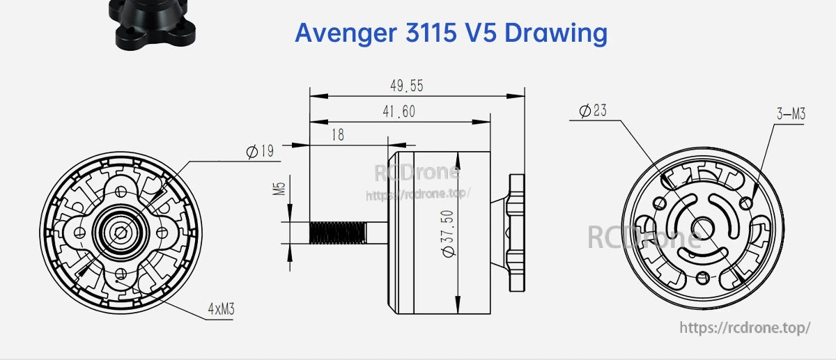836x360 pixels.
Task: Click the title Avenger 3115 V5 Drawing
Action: [451, 33]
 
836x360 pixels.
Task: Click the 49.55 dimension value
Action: [407, 86]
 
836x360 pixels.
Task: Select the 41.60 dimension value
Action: [399, 111]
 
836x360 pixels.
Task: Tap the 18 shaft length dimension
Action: [338, 134]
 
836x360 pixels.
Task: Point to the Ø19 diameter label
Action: [260, 151]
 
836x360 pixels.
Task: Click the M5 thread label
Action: [279, 189]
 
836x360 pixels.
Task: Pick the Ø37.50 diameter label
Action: [447, 233]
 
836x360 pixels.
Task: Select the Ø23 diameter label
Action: [593, 111]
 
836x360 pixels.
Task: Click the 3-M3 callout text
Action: [791, 114]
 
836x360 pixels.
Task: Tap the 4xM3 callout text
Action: [221, 309]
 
